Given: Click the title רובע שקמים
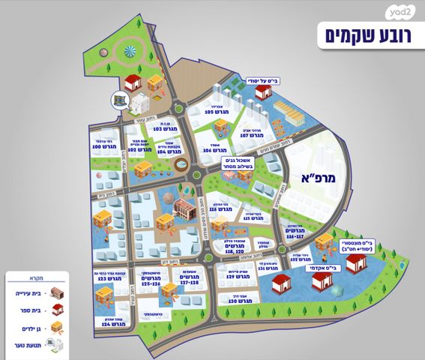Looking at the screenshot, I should (x=366, y=34).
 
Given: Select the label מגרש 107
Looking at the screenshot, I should (x=255, y=136).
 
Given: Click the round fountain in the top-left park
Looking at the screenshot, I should (x=133, y=51).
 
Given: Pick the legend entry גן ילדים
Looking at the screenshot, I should (x=22, y=327).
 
